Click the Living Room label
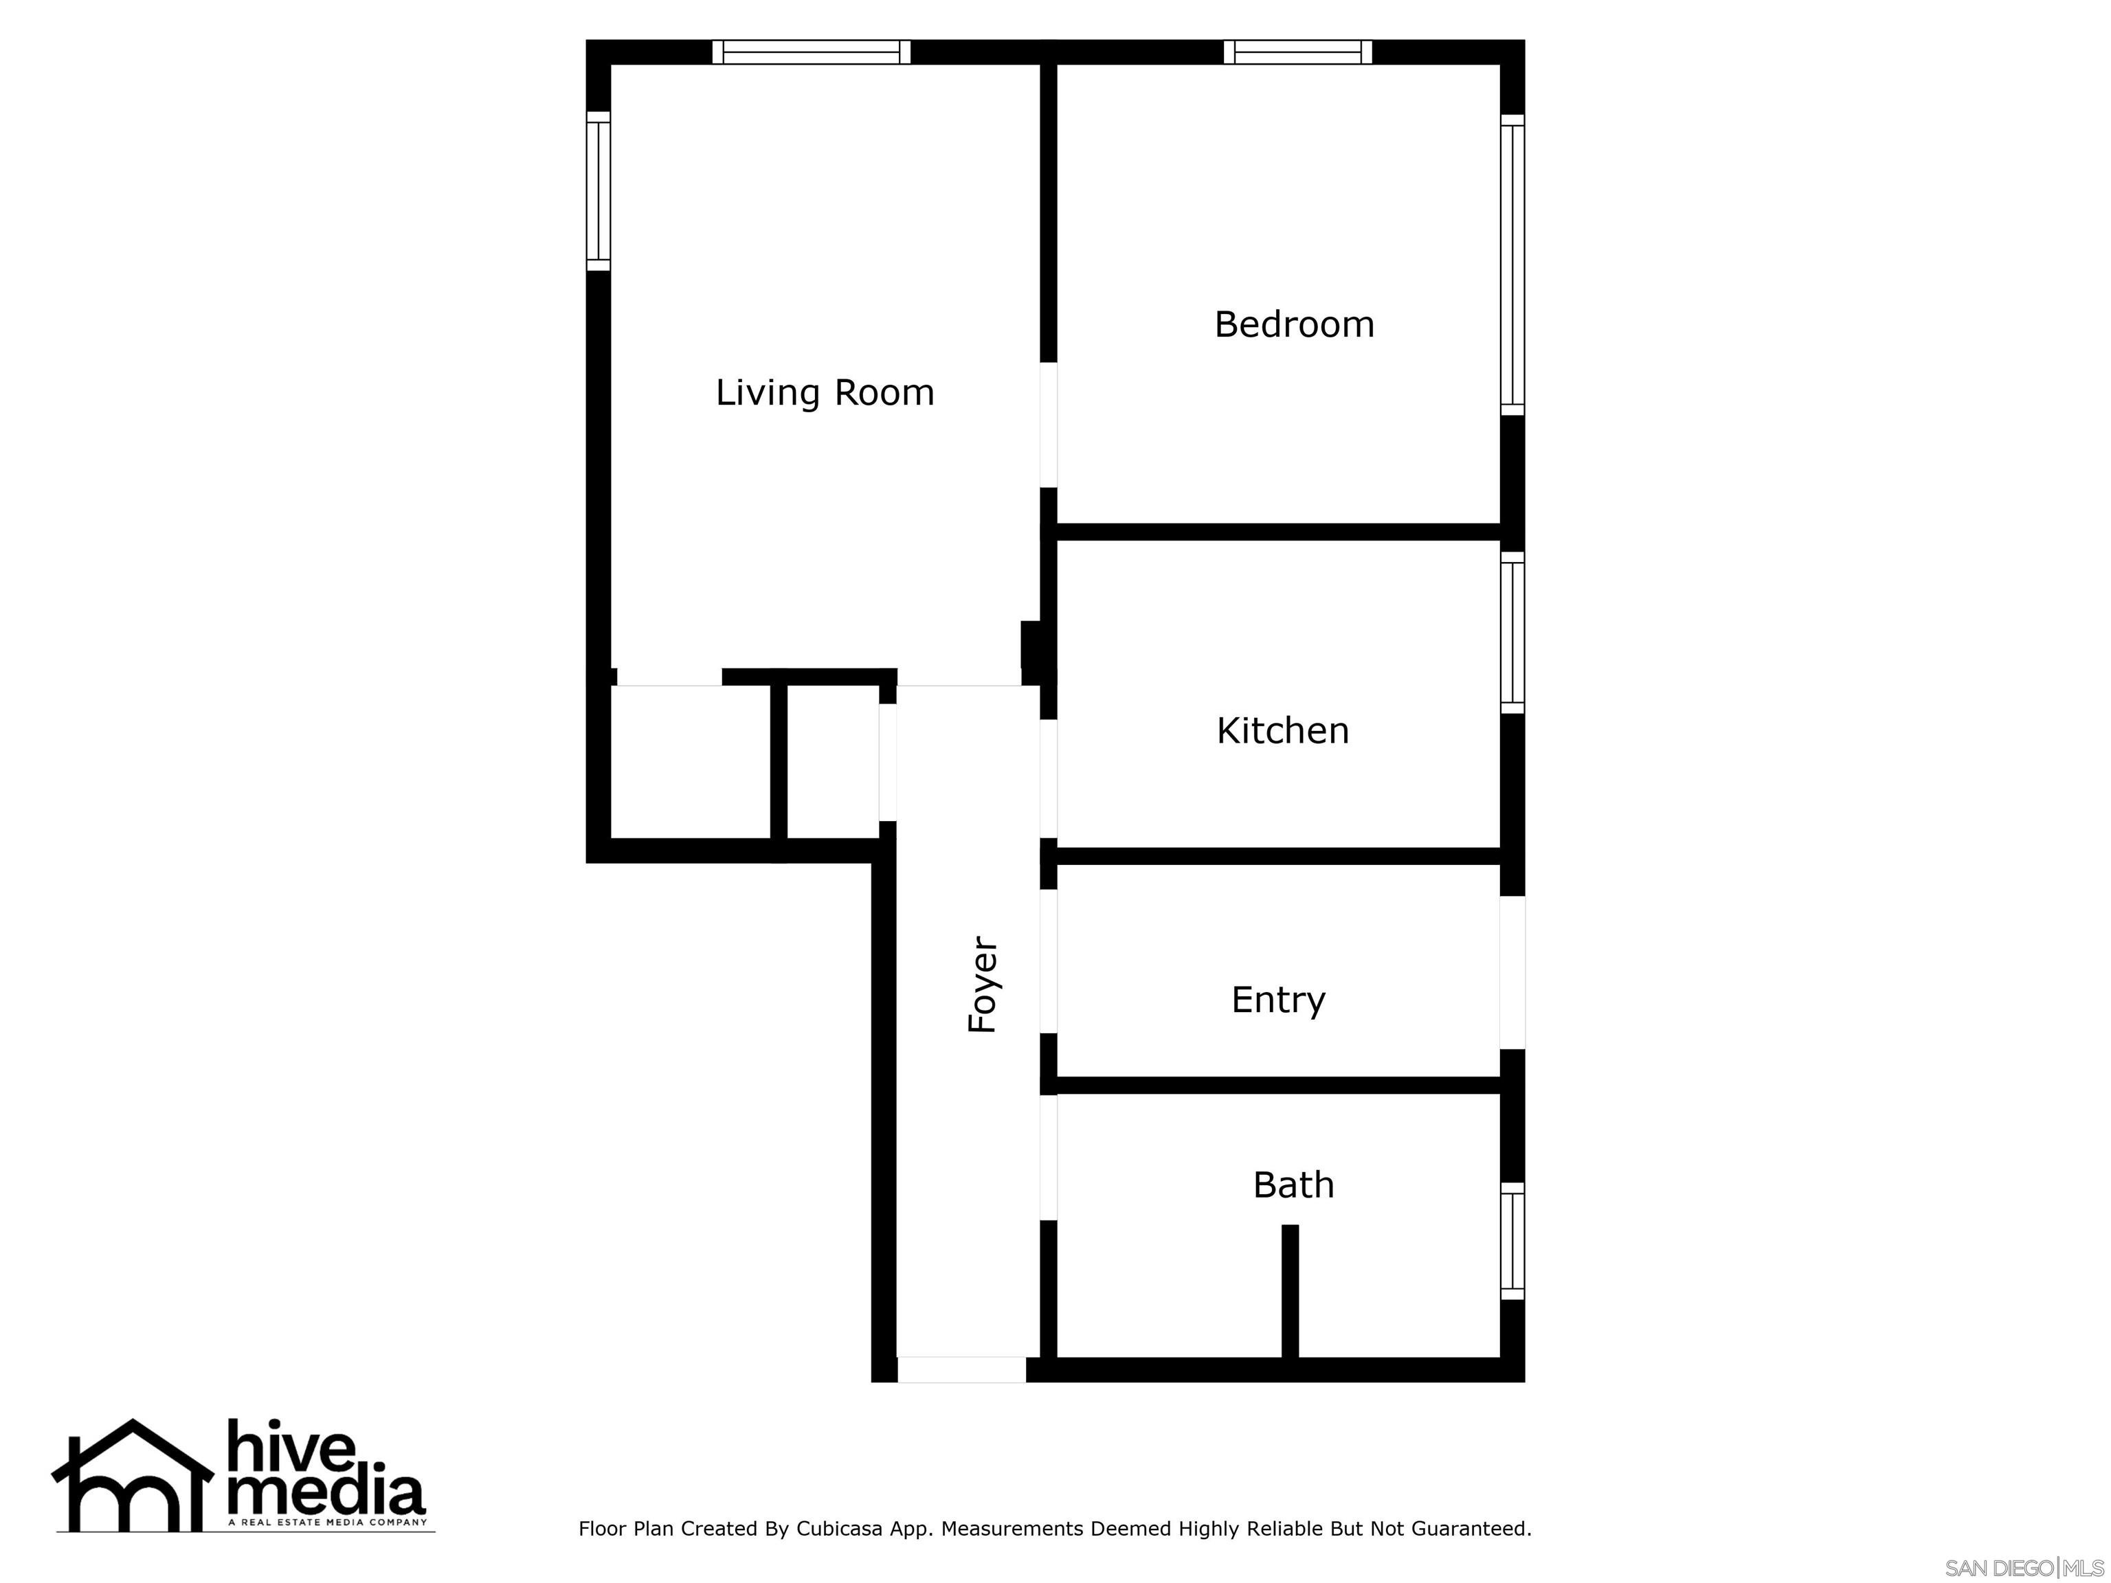(x=825, y=393)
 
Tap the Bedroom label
(x=1294, y=324)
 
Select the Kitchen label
(x=1283, y=731)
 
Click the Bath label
(x=1293, y=1185)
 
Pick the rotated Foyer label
(x=982, y=984)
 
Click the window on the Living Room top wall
(x=811, y=52)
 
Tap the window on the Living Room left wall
(x=599, y=191)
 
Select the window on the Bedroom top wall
(x=1298, y=52)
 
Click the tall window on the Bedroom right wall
(x=1512, y=265)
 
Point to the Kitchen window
(x=1512, y=633)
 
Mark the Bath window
(x=1512, y=1240)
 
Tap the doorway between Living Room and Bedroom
(x=1049, y=425)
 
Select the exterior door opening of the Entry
(x=1512, y=972)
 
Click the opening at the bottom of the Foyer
(x=962, y=1369)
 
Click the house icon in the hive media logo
(x=132, y=1478)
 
